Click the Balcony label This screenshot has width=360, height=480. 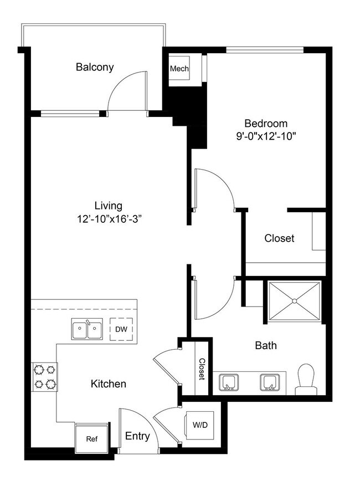pyautogui.click(x=95, y=68)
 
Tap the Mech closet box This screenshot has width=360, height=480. pyautogui.click(x=179, y=69)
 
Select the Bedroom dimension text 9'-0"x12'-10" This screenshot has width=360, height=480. pyautogui.click(x=266, y=136)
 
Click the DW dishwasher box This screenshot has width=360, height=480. pyautogui.click(x=121, y=329)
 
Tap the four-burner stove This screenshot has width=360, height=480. pyautogui.click(x=45, y=376)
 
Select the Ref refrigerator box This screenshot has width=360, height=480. pyautogui.click(x=92, y=438)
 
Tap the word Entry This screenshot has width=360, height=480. pyautogui.click(x=137, y=436)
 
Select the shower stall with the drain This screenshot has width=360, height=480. pyautogui.click(x=294, y=302)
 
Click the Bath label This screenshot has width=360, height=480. pyautogui.click(x=266, y=346)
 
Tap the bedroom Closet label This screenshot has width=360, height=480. pyautogui.click(x=279, y=239)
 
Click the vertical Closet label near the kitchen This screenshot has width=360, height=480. pyautogui.click(x=202, y=369)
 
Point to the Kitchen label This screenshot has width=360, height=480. pyautogui.click(x=109, y=384)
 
